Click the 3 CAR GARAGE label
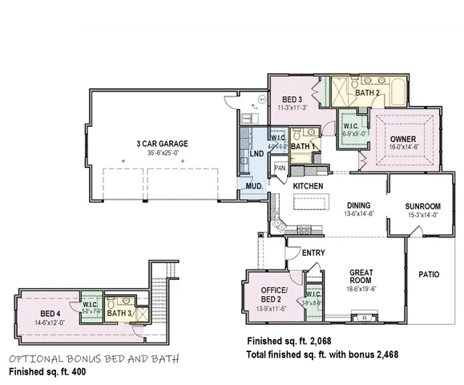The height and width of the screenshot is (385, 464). point(162,144)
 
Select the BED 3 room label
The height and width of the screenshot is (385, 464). point(292,99)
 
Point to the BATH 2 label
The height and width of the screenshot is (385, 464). point(367,92)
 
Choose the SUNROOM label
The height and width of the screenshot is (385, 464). point(422,205)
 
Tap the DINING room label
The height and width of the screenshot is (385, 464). point(359,205)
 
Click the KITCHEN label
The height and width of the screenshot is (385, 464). point(308,186)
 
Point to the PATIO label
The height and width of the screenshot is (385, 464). point(429,274)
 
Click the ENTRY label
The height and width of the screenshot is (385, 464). point(313,253)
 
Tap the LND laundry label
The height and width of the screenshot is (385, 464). point(256,153)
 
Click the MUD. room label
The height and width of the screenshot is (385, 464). point(255,185)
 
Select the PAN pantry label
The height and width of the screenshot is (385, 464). point(280,168)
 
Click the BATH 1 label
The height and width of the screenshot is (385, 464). point(301,147)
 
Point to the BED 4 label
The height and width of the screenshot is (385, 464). point(50,313)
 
